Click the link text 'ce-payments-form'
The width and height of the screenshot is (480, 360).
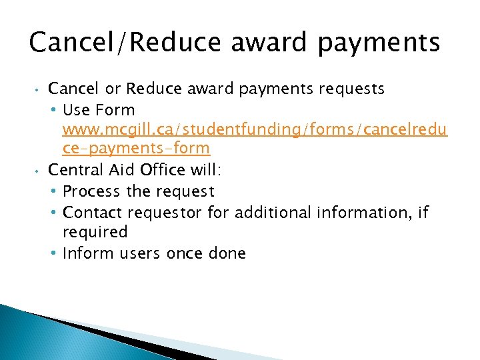tap(136, 148)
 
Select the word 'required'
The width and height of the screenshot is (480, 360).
tap(95, 232)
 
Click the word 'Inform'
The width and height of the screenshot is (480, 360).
tap(87, 253)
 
